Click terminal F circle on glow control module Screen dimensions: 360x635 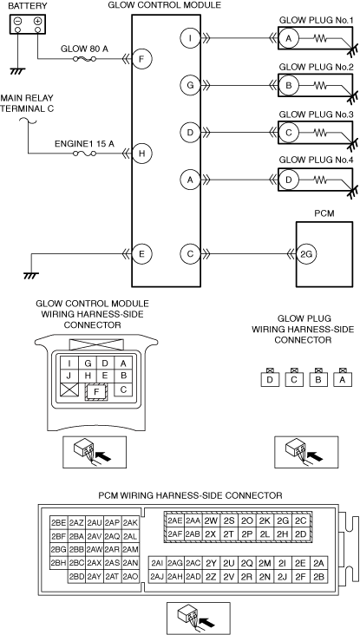coord(141,59)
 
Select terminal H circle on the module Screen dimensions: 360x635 coord(141,154)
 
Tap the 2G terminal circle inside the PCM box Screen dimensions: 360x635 coord(306,255)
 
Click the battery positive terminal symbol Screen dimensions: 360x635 coord(37,21)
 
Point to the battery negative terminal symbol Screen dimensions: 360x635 coord(18,21)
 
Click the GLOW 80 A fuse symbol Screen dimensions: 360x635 coord(85,59)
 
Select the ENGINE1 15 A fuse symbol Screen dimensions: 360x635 coord(85,154)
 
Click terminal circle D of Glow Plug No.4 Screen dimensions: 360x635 coord(289,180)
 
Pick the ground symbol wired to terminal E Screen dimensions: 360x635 coord(29,275)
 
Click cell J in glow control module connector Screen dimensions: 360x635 coord(69,376)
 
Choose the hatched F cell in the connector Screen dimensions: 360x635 coord(96,391)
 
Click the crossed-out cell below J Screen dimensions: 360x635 coord(69,390)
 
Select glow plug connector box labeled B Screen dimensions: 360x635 coord(318,379)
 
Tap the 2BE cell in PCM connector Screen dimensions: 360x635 coord(59,523)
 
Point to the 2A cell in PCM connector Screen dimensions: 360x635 coord(319,563)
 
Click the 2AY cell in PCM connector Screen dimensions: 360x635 coord(95,576)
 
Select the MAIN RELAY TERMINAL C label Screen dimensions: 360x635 coord(27,103)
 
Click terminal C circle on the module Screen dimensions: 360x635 coord(190,255)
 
